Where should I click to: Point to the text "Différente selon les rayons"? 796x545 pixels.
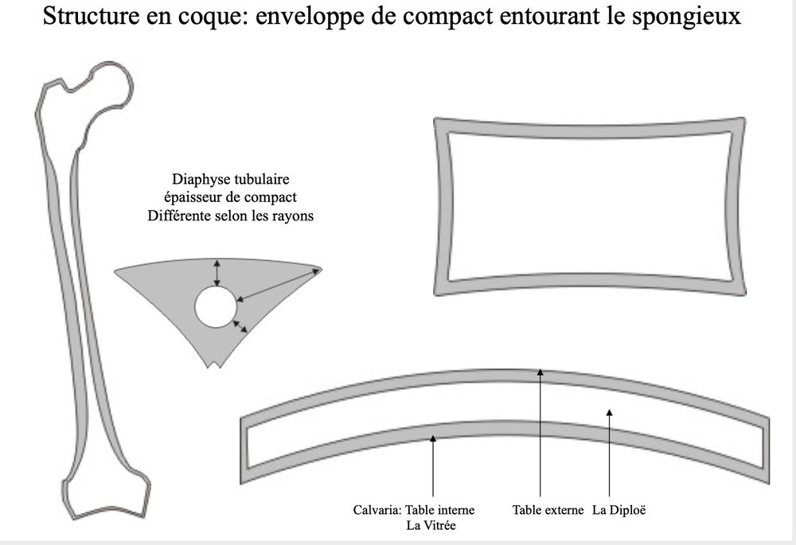coord(230,216)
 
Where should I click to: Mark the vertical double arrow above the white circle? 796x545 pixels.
coord(217,273)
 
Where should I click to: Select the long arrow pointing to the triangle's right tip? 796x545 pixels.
coord(279,285)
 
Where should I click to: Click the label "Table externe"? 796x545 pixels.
coord(548,510)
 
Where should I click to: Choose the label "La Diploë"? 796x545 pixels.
coord(618,510)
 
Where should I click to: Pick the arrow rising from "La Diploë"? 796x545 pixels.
coord(609,454)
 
